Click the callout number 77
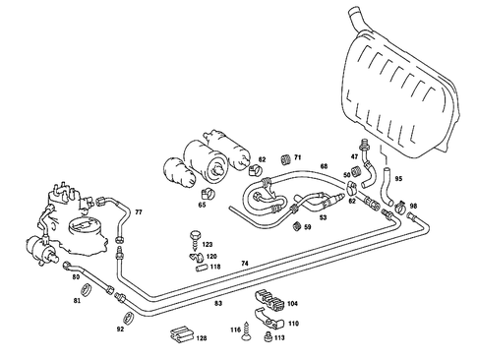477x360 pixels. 138,212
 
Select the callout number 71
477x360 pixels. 298,156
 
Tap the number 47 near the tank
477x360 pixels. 355,157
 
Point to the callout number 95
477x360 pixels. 399,177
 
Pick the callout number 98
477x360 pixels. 413,207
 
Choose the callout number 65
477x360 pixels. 202,205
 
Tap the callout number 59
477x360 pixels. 307,228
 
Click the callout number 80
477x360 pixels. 75,277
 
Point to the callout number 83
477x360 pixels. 218,304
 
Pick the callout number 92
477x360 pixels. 120,329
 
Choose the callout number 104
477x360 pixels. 292,305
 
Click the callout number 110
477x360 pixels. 293,323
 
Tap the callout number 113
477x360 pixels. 279,337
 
